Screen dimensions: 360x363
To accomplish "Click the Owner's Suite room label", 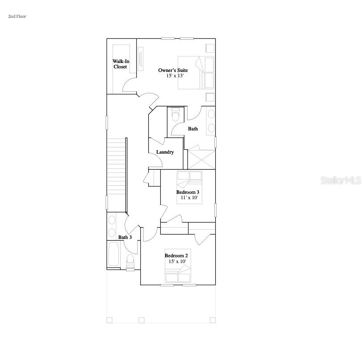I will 173,70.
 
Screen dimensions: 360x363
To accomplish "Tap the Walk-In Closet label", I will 121,64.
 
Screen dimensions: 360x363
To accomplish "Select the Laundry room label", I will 165,152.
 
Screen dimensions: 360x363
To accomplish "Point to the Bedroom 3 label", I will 188,192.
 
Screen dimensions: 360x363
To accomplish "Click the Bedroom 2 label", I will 176,256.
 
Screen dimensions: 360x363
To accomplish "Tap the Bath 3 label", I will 125,237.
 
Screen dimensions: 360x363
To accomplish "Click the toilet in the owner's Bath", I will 175,116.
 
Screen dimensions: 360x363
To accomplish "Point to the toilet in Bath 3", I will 131,261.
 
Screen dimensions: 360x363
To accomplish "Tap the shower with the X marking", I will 201,159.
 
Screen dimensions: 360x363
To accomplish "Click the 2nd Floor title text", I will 17,17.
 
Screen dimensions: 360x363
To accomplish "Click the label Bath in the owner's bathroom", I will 193,129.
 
